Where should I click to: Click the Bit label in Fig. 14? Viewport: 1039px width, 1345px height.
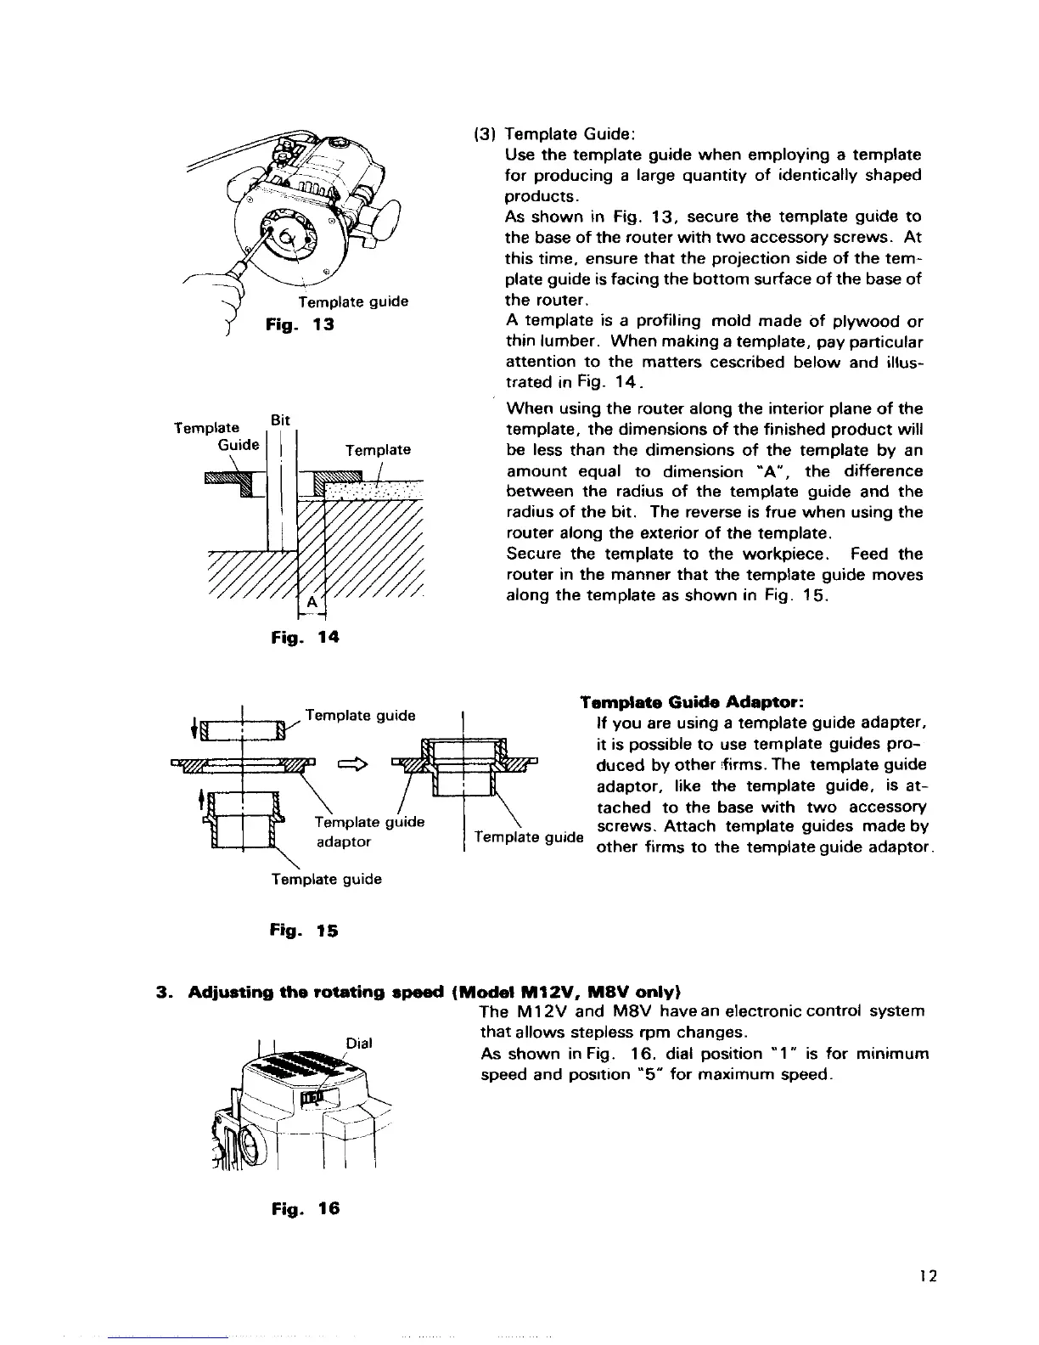280,420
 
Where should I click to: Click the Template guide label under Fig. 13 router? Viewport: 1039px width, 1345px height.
353,301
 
